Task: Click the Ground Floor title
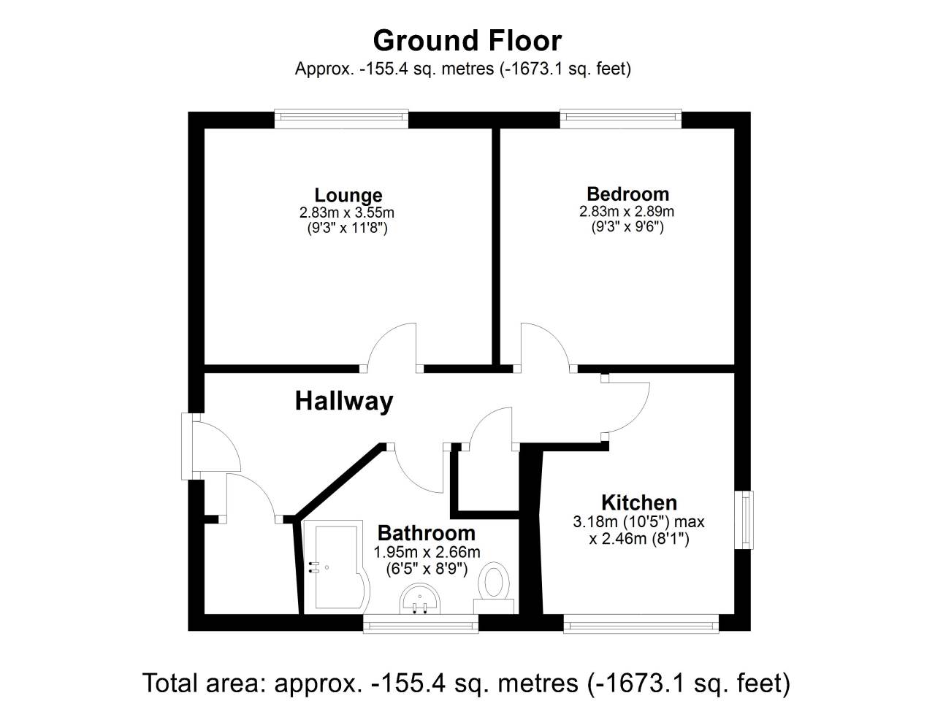[467, 40]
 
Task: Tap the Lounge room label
[348, 195]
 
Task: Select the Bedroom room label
[627, 194]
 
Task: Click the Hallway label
[344, 401]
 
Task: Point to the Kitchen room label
[638, 502]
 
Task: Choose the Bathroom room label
[426, 533]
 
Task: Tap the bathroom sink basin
[421, 602]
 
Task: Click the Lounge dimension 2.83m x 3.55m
[347, 213]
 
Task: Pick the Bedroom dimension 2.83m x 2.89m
[627, 212]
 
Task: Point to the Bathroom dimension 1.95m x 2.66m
[427, 552]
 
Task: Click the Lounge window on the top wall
[341, 118]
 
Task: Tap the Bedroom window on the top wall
[620, 118]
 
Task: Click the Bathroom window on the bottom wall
[421, 623]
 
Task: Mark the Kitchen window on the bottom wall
[641, 623]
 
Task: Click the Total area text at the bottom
[467, 683]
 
